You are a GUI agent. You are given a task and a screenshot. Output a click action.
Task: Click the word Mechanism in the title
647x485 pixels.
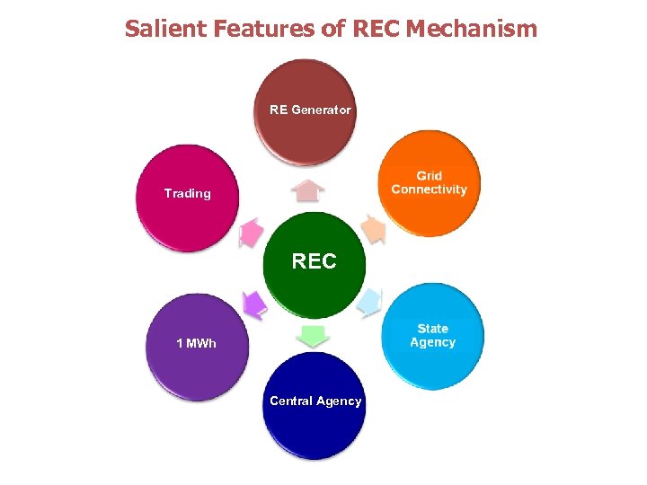click(x=471, y=29)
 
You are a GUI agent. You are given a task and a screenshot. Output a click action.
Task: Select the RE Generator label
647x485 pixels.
click(x=310, y=110)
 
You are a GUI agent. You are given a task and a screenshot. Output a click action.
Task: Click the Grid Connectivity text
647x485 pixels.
click(x=429, y=182)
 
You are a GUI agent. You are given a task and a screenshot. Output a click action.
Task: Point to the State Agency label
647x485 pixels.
click(x=432, y=335)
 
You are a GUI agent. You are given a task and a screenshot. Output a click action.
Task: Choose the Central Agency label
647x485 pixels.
click(x=315, y=401)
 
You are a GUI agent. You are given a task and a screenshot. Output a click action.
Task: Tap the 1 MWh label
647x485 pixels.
click(x=196, y=343)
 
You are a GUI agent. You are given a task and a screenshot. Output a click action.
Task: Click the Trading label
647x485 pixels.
click(x=188, y=193)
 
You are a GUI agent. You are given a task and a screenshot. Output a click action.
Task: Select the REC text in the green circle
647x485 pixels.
click(x=314, y=261)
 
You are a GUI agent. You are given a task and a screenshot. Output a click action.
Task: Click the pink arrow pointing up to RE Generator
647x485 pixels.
click(x=309, y=191)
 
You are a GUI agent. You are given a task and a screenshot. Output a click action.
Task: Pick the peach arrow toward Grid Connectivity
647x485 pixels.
click(x=373, y=230)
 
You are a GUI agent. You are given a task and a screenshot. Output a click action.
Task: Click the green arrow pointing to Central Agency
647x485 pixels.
click(x=314, y=336)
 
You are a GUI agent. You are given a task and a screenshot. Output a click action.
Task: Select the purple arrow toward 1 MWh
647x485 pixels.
click(x=255, y=304)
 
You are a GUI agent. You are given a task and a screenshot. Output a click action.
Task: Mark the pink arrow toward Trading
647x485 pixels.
click(x=251, y=234)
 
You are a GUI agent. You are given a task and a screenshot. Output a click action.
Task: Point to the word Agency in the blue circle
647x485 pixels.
click(x=432, y=342)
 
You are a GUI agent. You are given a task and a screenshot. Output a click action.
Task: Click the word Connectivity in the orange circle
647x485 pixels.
click(x=429, y=190)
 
